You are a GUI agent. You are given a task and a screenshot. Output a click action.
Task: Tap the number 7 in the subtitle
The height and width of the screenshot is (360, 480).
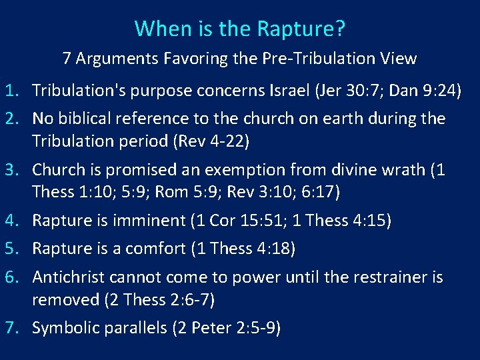click(67, 59)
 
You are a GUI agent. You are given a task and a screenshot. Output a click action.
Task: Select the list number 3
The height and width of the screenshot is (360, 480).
click(13, 170)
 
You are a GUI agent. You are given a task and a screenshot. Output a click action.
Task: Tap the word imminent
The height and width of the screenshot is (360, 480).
click(151, 220)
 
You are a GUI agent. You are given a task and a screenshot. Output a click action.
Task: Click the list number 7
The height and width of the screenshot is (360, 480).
click(13, 329)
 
